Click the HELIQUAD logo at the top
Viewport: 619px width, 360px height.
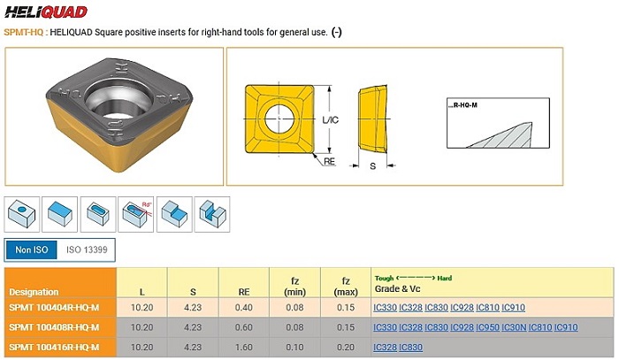click(46, 11)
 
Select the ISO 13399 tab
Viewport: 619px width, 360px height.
click(87, 249)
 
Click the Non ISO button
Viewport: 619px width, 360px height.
click(32, 249)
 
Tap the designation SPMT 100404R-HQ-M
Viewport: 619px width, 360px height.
click(54, 308)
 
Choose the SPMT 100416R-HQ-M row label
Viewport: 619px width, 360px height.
click(54, 348)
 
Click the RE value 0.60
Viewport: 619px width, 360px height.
click(243, 327)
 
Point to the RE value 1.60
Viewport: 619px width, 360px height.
click(243, 348)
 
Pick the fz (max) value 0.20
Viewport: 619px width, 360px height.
click(346, 348)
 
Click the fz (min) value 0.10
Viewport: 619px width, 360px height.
click(294, 348)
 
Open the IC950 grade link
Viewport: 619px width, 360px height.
click(487, 327)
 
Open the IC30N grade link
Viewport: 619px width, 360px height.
click(514, 327)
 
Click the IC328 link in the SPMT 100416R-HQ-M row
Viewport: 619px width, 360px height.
click(385, 348)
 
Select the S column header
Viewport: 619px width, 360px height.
click(193, 292)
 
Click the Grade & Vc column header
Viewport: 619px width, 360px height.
click(398, 288)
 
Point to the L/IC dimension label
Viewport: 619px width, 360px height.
click(331, 119)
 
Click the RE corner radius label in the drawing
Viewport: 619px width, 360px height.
click(329, 162)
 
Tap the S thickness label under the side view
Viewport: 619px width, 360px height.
click(372, 166)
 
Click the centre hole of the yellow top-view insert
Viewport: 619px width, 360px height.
click(279, 119)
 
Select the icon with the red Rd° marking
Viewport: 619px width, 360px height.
click(136, 214)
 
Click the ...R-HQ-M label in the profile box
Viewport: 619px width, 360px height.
click(462, 105)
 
